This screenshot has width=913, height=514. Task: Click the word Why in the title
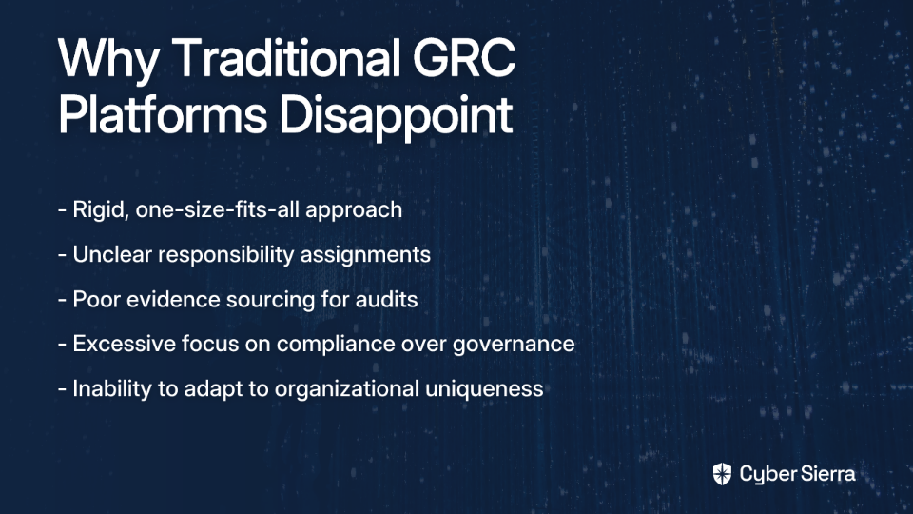(x=107, y=59)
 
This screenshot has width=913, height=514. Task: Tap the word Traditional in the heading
(x=286, y=57)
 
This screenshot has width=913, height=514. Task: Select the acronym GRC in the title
(x=464, y=57)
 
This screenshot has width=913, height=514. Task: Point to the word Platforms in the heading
(x=163, y=114)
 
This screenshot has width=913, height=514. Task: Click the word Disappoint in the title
(x=396, y=116)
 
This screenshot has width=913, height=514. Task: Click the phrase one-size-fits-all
(x=217, y=209)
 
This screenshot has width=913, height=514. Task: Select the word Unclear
(x=112, y=255)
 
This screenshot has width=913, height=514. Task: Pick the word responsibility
(x=226, y=256)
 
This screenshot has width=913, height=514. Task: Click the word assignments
(x=365, y=256)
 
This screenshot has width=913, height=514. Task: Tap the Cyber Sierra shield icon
(x=722, y=474)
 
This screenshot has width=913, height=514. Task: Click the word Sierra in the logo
(x=826, y=474)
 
